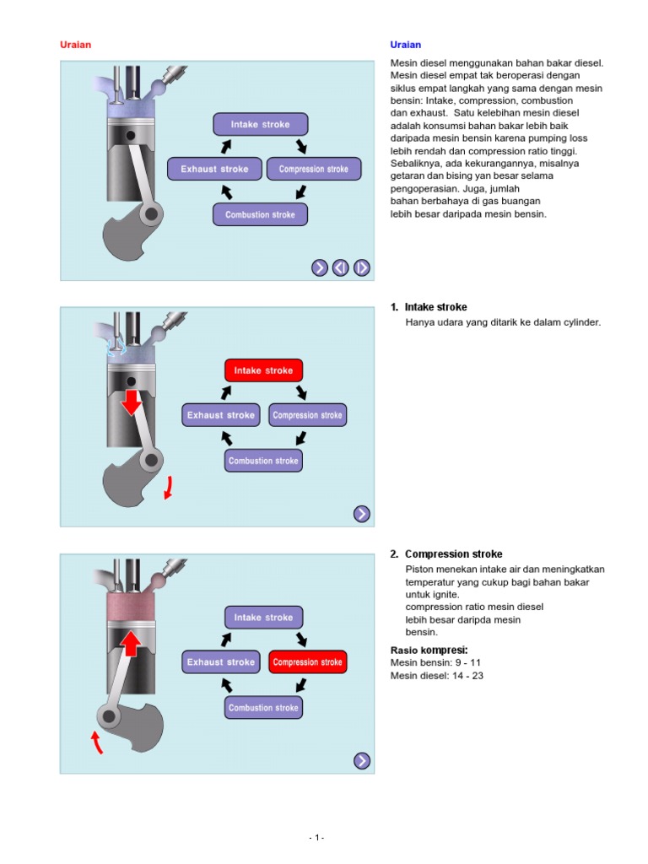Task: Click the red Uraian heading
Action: [x=75, y=45]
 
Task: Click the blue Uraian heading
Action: [x=405, y=45]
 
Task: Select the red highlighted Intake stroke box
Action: [x=263, y=370]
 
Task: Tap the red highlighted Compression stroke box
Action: [x=308, y=662]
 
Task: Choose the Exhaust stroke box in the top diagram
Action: [x=214, y=169]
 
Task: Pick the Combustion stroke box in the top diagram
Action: [x=260, y=214]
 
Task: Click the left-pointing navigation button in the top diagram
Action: [x=340, y=267]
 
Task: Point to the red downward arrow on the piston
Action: [x=131, y=402]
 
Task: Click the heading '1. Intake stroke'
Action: [x=429, y=307]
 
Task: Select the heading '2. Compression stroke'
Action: [x=446, y=554]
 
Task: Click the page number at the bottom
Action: [x=316, y=837]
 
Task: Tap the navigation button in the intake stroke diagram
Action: [x=361, y=514]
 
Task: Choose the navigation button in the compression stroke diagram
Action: [x=361, y=760]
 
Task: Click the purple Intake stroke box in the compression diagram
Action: [x=263, y=618]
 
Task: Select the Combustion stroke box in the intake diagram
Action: [x=263, y=461]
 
